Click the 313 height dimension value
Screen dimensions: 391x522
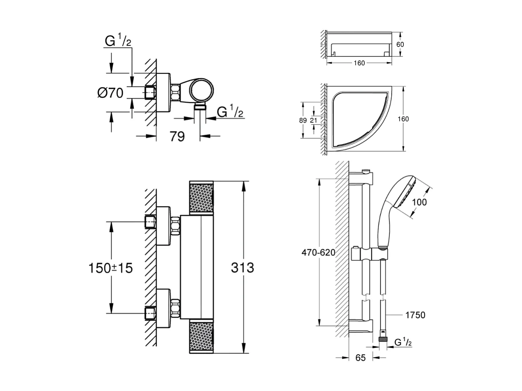click(x=242, y=267)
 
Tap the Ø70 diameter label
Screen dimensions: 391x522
click(x=110, y=93)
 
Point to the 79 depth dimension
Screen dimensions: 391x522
click(x=177, y=136)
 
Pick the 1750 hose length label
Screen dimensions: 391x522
click(x=415, y=315)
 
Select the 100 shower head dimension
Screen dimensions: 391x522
click(x=419, y=202)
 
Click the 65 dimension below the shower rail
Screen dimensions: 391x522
click(x=361, y=357)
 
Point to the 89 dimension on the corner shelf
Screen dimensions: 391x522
click(x=302, y=120)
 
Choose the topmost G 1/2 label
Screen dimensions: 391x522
click(x=118, y=41)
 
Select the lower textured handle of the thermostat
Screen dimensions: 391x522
click(x=202, y=336)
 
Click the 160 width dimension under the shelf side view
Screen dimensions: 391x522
click(x=359, y=63)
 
